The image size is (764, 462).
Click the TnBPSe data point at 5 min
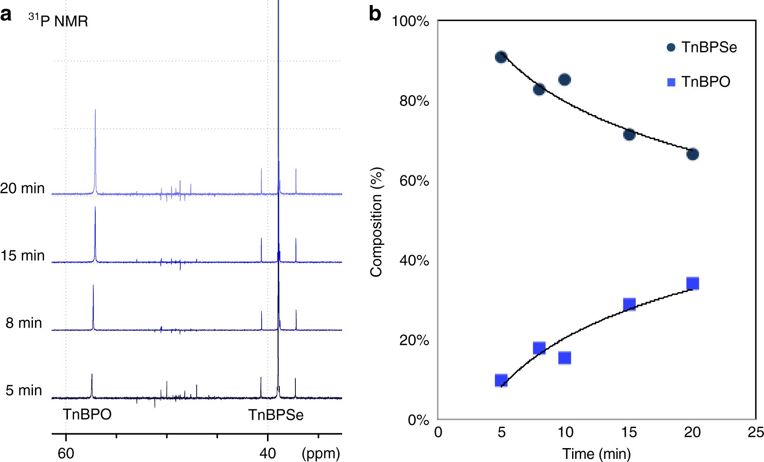pyautogui.click(x=501, y=57)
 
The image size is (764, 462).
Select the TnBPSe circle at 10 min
pyautogui.click(x=564, y=80)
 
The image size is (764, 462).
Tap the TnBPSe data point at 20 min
pyautogui.click(x=692, y=154)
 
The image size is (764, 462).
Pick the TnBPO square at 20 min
pyautogui.click(x=692, y=283)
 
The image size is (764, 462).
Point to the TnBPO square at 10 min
pyautogui.click(x=564, y=358)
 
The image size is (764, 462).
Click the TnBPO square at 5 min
pyautogui.click(x=501, y=380)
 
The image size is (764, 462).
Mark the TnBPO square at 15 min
pyautogui.click(x=629, y=304)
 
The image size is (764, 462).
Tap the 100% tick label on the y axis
pyautogui.click(x=410, y=22)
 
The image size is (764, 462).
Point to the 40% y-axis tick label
pyautogui.click(x=414, y=261)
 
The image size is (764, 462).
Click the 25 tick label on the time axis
pyautogui.click(x=755, y=432)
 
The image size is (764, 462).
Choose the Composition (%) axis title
pyautogui.click(x=376, y=222)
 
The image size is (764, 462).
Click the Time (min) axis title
pyautogui.click(x=596, y=454)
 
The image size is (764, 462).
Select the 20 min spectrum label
pyautogui.click(x=23, y=188)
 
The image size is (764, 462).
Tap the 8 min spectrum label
pyautogui.click(x=24, y=323)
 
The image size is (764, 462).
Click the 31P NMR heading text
pyautogui.click(x=58, y=21)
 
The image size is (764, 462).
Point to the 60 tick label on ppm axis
pyautogui.click(x=66, y=453)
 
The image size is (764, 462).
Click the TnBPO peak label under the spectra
pyautogui.click(x=87, y=415)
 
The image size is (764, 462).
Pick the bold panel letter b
pyautogui.click(x=375, y=14)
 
